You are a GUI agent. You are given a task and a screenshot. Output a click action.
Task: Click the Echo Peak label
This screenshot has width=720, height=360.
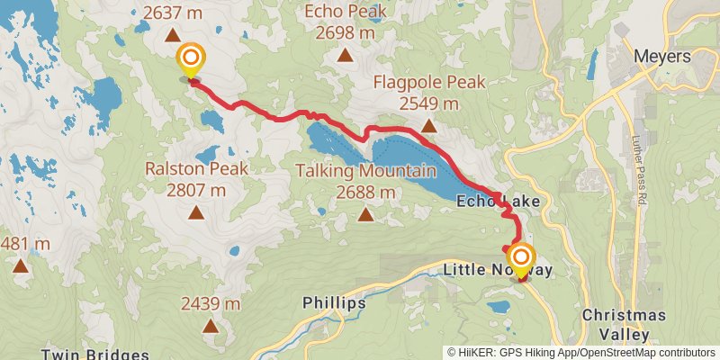[346, 13]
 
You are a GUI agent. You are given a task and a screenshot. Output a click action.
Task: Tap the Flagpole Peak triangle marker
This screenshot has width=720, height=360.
[429, 127]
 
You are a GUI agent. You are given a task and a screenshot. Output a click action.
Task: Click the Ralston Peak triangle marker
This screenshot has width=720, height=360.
[195, 213]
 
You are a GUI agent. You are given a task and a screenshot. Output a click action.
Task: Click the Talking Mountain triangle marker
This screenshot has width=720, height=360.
[365, 214]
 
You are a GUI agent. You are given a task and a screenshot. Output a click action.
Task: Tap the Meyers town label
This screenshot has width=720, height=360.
[661, 57]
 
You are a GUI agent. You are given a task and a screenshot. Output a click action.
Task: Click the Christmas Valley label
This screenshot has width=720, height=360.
[624, 324]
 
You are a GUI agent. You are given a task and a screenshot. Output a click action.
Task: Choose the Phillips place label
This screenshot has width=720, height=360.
[334, 302]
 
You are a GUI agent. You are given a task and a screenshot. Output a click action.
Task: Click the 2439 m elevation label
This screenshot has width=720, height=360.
[211, 302]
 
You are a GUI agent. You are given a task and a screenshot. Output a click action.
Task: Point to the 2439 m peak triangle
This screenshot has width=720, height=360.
[211, 325]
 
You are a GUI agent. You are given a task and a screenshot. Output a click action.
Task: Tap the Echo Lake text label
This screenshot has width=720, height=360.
[498, 202]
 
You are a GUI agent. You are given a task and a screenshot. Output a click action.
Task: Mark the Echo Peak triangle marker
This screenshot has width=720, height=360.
[345, 56]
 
